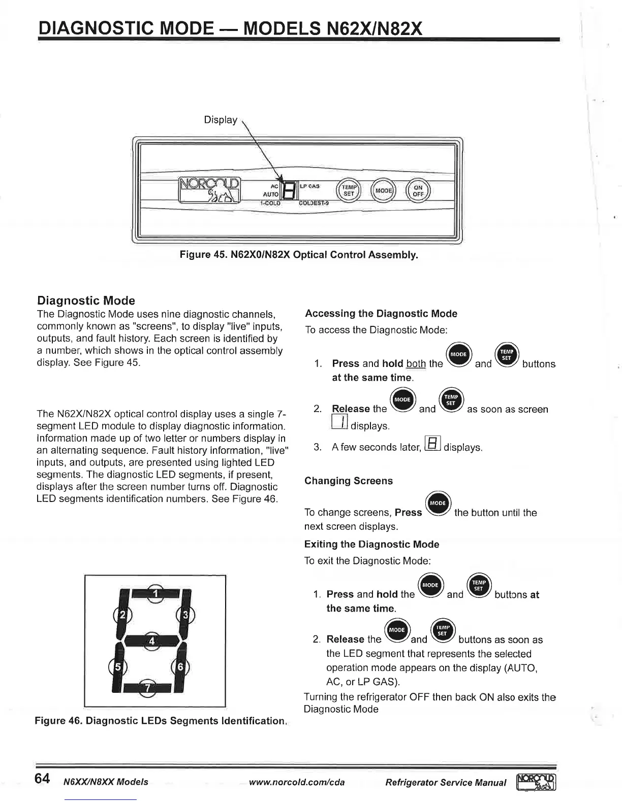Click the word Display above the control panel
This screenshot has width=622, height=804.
pyautogui.click(x=220, y=120)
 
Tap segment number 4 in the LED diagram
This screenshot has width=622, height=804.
pyautogui.click(x=151, y=641)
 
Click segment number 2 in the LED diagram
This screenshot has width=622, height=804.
pyautogui.click(x=122, y=615)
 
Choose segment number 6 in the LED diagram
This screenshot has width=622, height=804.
pyautogui.click(x=180, y=666)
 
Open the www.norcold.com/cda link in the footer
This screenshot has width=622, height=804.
pyautogui.click(x=297, y=782)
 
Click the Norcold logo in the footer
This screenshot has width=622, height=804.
pyautogui.click(x=537, y=782)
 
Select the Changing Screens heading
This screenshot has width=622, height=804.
pyautogui.click(x=348, y=481)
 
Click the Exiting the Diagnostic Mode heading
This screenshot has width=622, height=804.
pyautogui.click(x=371, y=544)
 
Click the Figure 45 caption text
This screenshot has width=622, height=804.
pyautogui.click(x=299, y=255)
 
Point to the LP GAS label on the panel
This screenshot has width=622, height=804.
pyautogui.click(x=309, y=186)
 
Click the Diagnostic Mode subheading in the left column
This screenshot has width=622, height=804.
pyautogui.click(x=86, y=300)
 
